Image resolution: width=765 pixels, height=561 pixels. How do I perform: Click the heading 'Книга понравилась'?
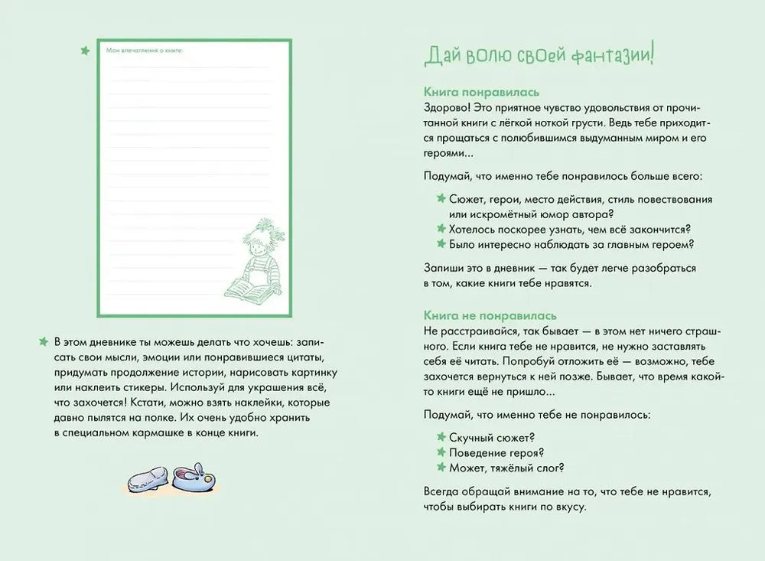point(474,90)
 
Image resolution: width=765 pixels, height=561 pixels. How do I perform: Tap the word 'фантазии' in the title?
point(610,56)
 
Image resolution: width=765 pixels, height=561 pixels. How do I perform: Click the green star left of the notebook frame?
point(85,51)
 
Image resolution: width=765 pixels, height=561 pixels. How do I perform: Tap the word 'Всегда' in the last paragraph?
point(440,492)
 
